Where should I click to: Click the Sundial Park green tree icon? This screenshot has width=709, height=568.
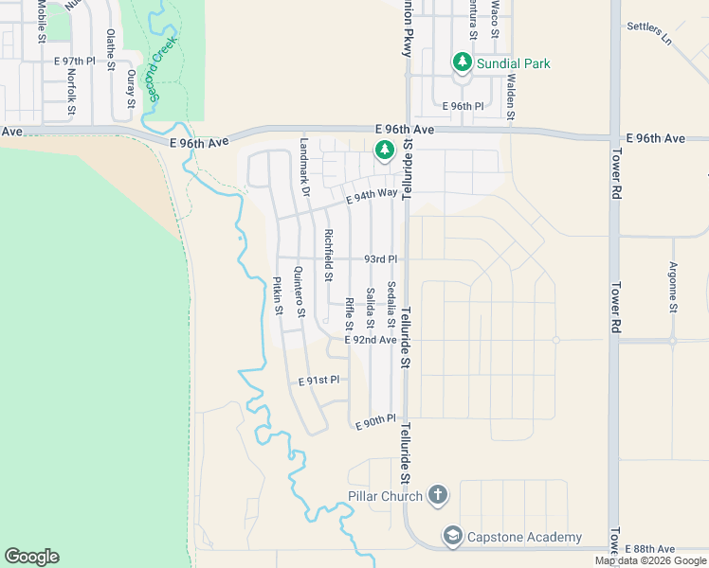click(x=463, y=62)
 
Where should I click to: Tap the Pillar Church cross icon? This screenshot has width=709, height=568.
click(x=437, y=494)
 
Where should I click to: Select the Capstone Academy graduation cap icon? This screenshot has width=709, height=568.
click(x=452, y=537)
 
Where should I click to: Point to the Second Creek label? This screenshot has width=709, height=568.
click(x=155, y=72)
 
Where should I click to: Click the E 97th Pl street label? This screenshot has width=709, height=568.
click(x=75, y=61)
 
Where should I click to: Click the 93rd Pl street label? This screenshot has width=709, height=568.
click(x=380, y=258)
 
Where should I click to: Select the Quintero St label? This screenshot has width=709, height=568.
click(x=300, y=292)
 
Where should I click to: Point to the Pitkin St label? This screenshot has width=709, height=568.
click(x=278, y=295)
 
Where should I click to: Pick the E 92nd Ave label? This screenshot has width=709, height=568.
click(x=370, y=339)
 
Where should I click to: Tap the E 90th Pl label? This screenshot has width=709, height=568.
click(x=375, y=422)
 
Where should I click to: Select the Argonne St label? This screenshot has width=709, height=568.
click(x=673, y=287)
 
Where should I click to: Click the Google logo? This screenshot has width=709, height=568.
click(x=31, y=557)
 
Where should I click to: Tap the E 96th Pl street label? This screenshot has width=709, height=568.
click(x=464, y=106)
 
